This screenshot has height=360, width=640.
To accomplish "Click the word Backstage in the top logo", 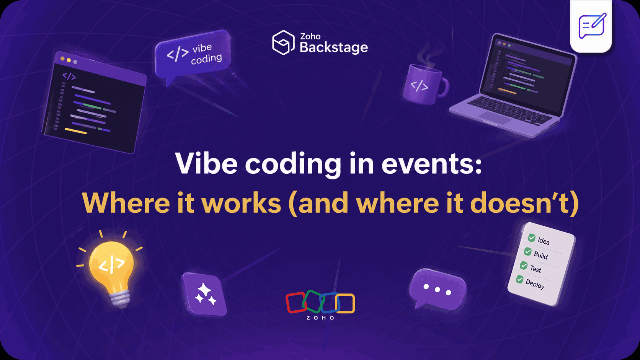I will point(333,47).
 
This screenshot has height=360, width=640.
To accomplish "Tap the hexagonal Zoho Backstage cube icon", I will point(283,42).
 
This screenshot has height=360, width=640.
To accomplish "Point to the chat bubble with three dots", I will point(437,290).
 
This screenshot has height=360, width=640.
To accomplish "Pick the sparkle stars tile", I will point(205,294).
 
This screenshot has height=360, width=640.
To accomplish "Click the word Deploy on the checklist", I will point(535,284).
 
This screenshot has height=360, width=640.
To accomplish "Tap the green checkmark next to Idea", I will point(532,238).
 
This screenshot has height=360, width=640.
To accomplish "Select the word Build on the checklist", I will point(540,255).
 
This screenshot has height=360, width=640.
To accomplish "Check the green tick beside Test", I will point(524,266).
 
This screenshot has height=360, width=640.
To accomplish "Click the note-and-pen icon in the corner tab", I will point(591,26).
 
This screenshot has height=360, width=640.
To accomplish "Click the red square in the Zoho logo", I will point(295,303).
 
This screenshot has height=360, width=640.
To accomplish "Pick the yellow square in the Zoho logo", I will point(346,303).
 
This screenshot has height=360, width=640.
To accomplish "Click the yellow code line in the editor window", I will point(76,131).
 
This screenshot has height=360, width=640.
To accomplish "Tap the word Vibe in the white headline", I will point(206,164).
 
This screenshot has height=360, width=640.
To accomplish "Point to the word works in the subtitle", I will point(241,203).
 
